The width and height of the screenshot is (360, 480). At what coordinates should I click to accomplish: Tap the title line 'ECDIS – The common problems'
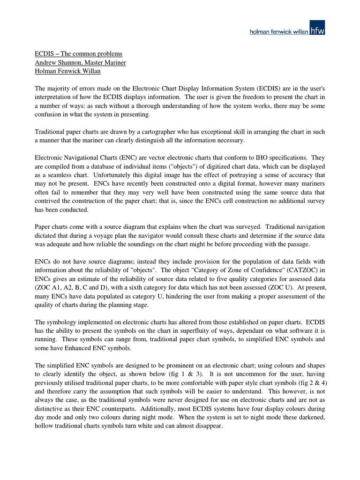[x=79, y=54]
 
